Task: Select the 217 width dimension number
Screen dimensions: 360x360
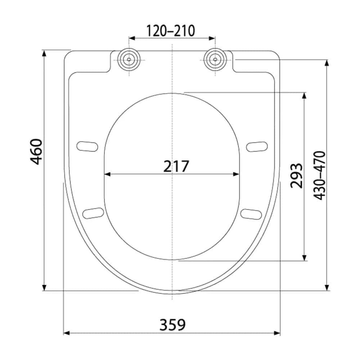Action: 176,166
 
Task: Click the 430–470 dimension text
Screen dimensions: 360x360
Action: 320,175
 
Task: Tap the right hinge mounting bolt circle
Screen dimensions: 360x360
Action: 215,59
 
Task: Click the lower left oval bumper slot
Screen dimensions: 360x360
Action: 93,213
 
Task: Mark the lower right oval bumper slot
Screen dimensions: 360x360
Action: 251,213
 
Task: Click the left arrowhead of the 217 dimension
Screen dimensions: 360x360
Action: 107,174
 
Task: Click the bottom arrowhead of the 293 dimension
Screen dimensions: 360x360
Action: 305,258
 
